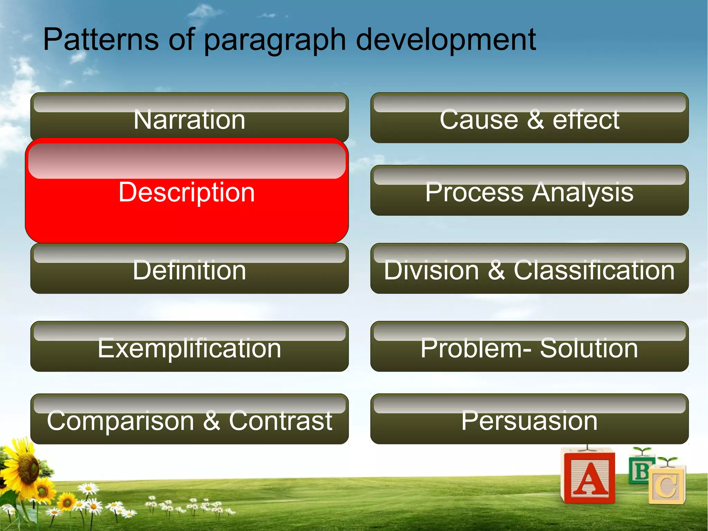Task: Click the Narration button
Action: point(189,119)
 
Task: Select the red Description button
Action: point(187,192)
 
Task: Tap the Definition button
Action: point(189,270)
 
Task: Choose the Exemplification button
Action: point(189,348)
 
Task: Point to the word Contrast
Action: point(280,421)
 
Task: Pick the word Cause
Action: point(479,119)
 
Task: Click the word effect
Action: point(586,119)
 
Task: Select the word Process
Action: point(474,192)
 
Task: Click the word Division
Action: point(431,270)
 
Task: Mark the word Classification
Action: point(594,270)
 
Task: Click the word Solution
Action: point(589,348)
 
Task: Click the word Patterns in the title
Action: point(101,39)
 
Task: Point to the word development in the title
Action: point(446,39)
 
